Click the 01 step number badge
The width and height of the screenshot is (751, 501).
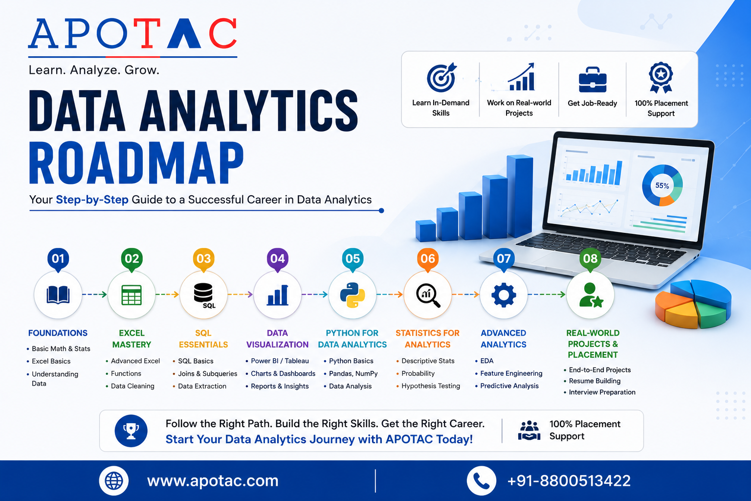[58, 259]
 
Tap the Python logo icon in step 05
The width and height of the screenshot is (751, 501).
[353, 295]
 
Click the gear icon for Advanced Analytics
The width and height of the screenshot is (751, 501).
[504, 295]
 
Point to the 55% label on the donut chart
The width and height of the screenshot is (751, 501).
[662, 185]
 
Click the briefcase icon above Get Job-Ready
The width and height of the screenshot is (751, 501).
[593, 80]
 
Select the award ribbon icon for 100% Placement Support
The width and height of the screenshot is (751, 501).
[661, 77]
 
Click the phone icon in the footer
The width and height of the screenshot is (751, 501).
[482, 480]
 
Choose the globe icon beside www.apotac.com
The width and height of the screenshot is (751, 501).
[113, 480]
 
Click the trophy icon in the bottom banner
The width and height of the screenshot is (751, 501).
[131, 431]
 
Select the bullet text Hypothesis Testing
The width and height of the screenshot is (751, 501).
[430, 386]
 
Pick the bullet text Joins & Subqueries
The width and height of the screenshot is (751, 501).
[207, 373]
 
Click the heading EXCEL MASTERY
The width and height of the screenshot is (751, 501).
[132, 339]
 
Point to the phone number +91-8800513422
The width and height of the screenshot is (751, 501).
[569, 480]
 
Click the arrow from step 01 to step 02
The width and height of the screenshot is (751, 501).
[94, 295]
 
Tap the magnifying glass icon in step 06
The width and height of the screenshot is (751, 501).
[428, 296]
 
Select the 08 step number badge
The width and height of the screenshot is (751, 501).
[590, 259]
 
